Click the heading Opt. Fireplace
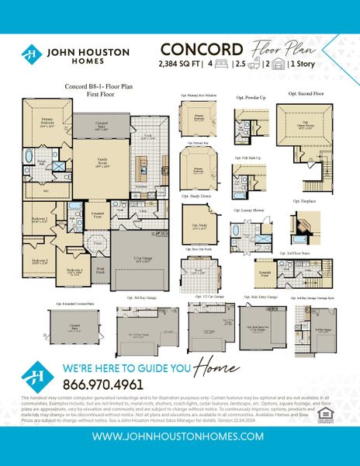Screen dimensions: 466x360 coord(304,200)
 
